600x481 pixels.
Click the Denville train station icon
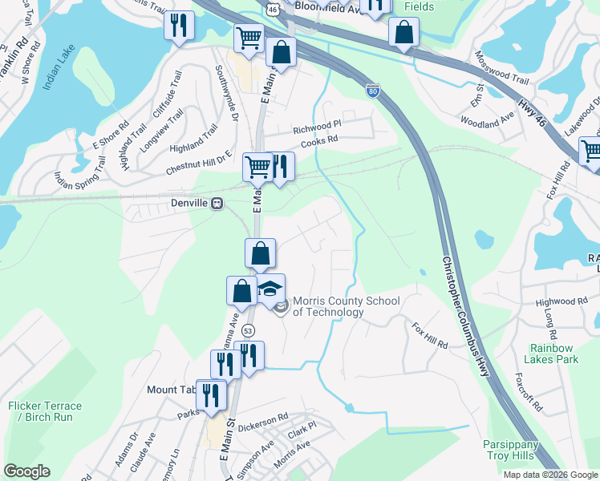(217, 204)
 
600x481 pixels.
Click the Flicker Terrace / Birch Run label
(40, 411)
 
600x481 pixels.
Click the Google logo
(26, 471)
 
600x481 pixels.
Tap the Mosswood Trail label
(502, 58)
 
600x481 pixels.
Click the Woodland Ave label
(487, 119)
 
